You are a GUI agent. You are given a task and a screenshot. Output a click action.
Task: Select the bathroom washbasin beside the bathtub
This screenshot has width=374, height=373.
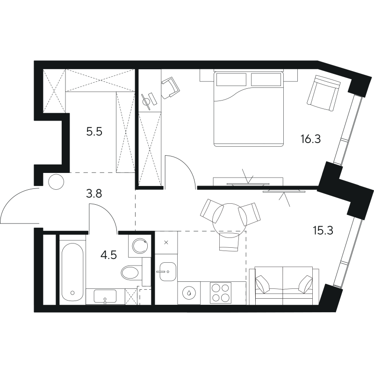[x=106, y=296]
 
